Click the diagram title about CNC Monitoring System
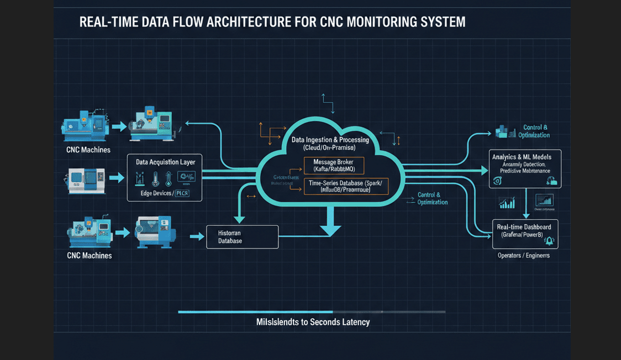click(x=272, y=22)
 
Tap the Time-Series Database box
click(x=346, y=186)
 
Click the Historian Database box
click(x=242, y=237)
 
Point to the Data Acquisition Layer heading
click(x=165, y=162)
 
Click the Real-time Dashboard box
click(x=525, y=234)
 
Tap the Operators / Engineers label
click(x=523, y=256)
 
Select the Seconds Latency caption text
click(x=313, y=322)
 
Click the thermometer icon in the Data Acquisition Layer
click(x=155, y=178)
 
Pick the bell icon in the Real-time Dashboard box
click(x=549, y=241)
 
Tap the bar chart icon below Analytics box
click(x=507, y=203)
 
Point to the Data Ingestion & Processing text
click(x=330, y=140)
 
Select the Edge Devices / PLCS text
click(x=165, y=193)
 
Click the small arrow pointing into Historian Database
click(x=197, y=237)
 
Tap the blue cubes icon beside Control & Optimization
click(x=504, y=131)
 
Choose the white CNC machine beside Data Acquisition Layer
click(x=86, y=180)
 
